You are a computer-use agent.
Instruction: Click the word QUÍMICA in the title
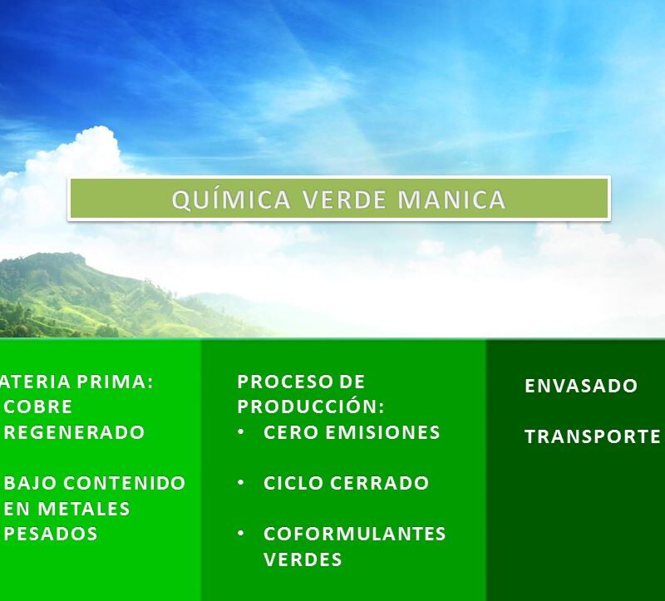[231, 200]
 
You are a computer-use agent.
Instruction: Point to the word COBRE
[38, 407]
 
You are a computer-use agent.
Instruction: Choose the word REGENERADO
[75, 432]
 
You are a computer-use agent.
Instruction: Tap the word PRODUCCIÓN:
[311, 407]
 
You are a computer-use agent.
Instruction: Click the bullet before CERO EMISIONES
[240, 432]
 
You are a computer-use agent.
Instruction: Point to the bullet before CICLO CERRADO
[240, 483]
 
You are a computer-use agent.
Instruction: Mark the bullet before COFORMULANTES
[240, 534]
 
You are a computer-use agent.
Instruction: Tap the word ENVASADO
[581, 386]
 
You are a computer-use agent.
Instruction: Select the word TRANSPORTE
[593, 436]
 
